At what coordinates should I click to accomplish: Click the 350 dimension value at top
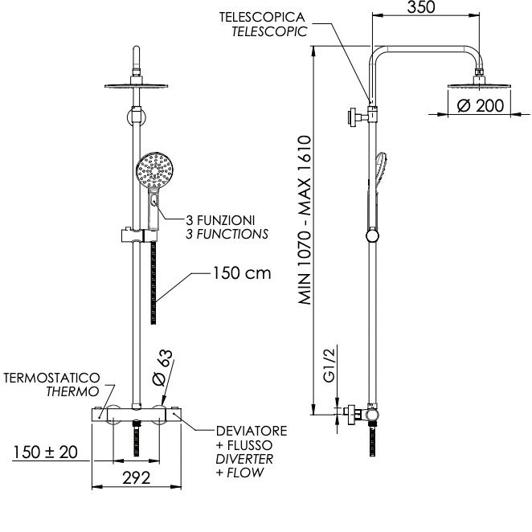(x=421, y=7)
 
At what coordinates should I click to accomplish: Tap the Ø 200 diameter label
(x=480, y=105)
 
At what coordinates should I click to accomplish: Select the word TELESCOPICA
(x=262, y=18)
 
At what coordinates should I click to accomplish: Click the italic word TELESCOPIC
(x=269, y=31)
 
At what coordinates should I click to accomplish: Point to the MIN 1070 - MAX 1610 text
(x=305, y=220)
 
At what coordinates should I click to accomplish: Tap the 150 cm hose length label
(x=242, y=273)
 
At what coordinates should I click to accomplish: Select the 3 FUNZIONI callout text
(x=220, y=220)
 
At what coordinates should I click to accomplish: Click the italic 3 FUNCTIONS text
(x=227, y=234)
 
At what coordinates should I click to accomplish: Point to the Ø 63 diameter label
(x=163, y=368)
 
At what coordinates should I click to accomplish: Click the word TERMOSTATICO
(x=51, y=378)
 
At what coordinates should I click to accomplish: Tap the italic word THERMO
(x=72, y=391)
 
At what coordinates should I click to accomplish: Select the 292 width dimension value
(x=136, y=478)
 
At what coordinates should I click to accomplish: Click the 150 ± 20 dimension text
(x=45, y=452)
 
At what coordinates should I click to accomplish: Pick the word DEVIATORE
(x=252, y=431)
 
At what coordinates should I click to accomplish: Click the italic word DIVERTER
(x=244, y=459)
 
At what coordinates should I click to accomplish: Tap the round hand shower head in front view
(x=155, y=170)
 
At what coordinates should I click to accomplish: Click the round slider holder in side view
(x=373, y=236)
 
